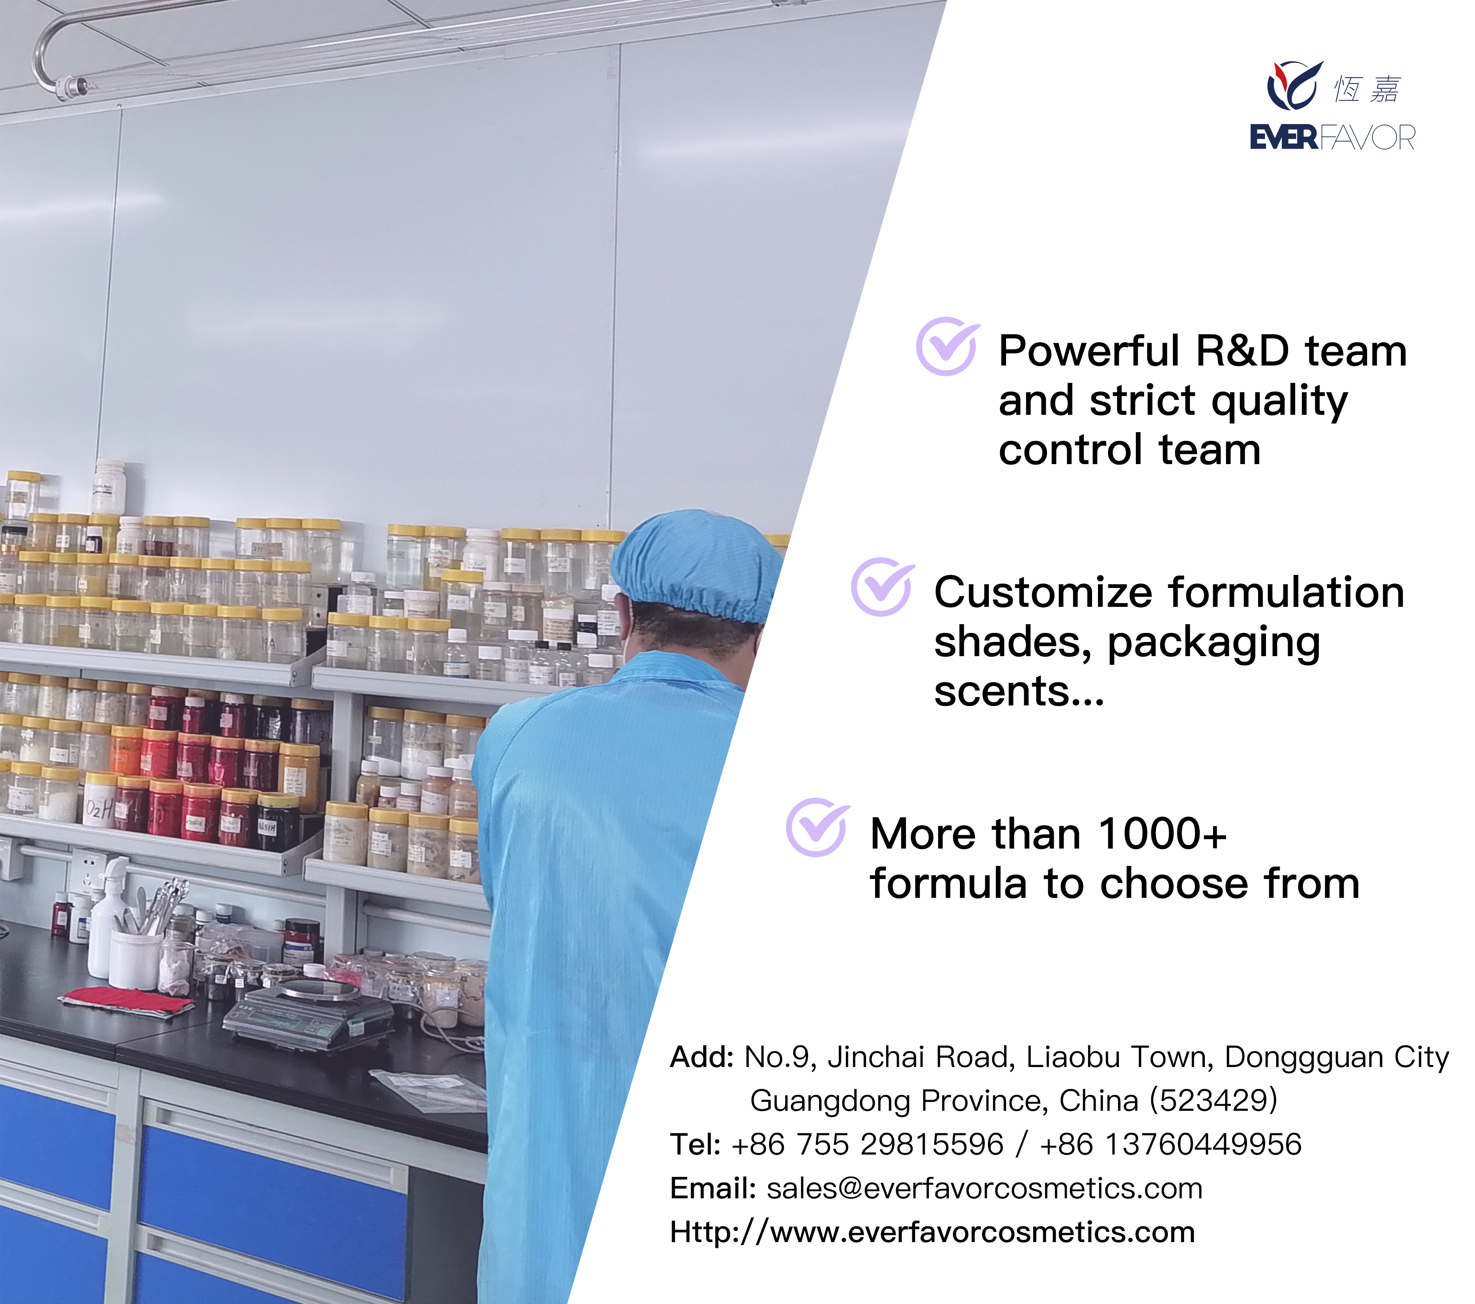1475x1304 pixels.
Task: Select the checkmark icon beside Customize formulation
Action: point(883,587)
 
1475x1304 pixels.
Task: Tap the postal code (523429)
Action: point(1214,1101)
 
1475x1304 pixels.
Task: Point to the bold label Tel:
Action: point(695,1145)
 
